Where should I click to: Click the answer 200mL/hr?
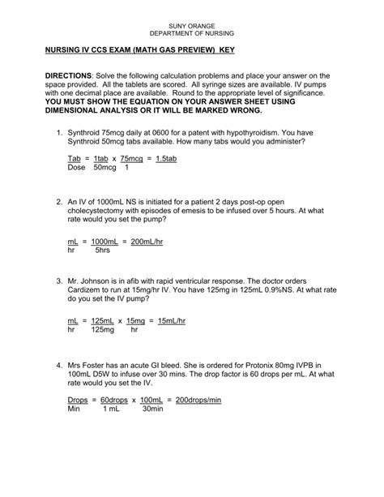[147, 241]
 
